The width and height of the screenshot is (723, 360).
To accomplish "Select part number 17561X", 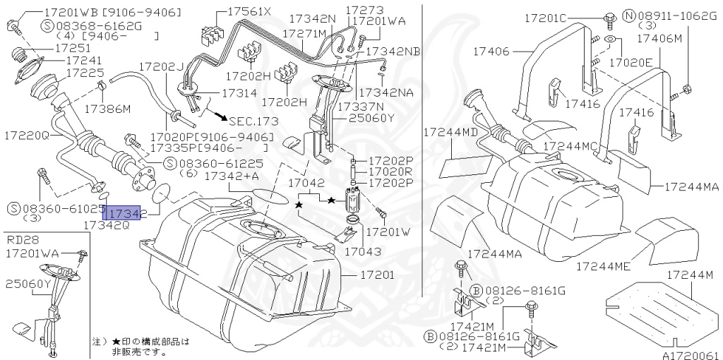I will tap(247, 12).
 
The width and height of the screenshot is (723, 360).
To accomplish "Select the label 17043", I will tap(363, 251).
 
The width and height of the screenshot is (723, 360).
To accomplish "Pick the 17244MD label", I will tap(451, 132).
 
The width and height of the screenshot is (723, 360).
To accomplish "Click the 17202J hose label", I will tap(161, 66).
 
